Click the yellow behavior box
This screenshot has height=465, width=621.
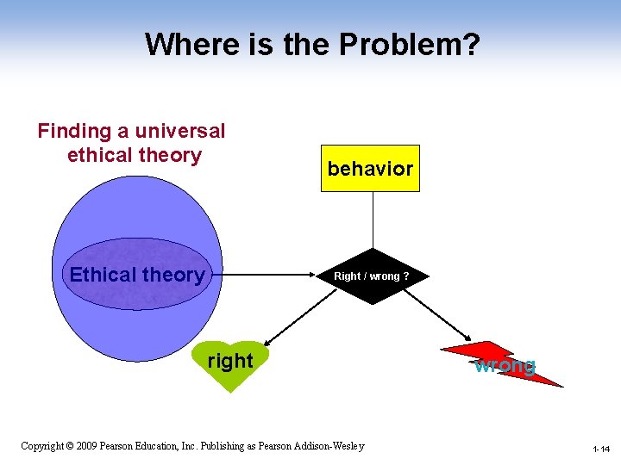[x=371, y=169]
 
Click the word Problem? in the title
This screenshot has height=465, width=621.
[x=414, y=43]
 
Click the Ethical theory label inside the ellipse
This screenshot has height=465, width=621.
[x=137, y=276]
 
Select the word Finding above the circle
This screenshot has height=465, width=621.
[x=75, y=131]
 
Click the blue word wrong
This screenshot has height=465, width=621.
[x=505, y=365]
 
